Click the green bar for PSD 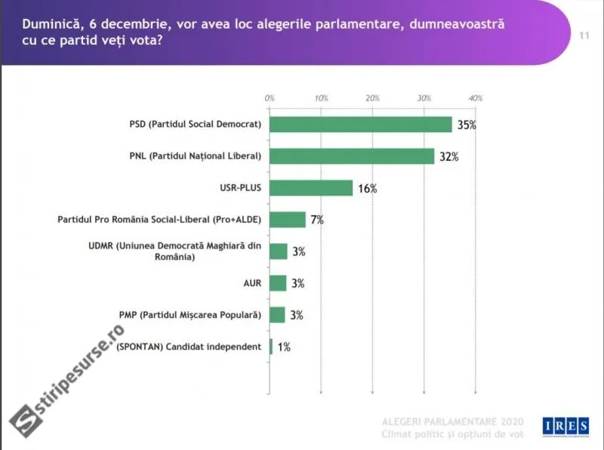(360, 125)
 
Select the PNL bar (352, 156)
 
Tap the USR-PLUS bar (311, 188)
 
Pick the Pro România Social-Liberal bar (288, 220)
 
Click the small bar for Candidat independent (271, 347)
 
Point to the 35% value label (467, 125)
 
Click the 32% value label (449, 157)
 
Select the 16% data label (367, 189)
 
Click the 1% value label (283, 347)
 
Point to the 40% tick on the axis (476, 98)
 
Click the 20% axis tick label (372, 98)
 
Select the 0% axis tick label (270, 98)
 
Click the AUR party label (252, 283)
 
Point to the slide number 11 (584, 36)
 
